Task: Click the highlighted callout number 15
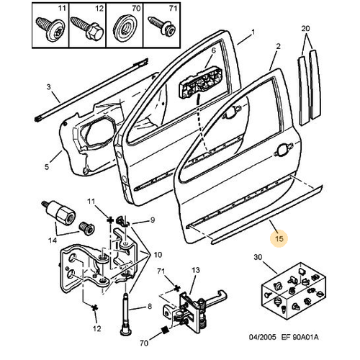pos(279,238)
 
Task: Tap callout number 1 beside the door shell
pos(253,32)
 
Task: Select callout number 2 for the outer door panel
pos(278,46)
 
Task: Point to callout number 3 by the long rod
pos(49,86)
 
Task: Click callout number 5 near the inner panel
pos(47,166)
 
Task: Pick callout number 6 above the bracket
pos(213,50)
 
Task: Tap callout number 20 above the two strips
pos(305,29)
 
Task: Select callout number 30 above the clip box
pos(258,257)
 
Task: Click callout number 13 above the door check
pos(196,270)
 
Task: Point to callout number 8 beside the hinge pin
pos(150,306)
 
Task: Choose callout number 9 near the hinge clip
pos(153,220)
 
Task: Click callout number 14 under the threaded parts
pos(53,240)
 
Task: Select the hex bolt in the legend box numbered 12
pos(88,29)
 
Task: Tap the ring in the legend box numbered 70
pos(125,30)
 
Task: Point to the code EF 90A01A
pos(300,337)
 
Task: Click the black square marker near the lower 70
pos(165,330)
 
